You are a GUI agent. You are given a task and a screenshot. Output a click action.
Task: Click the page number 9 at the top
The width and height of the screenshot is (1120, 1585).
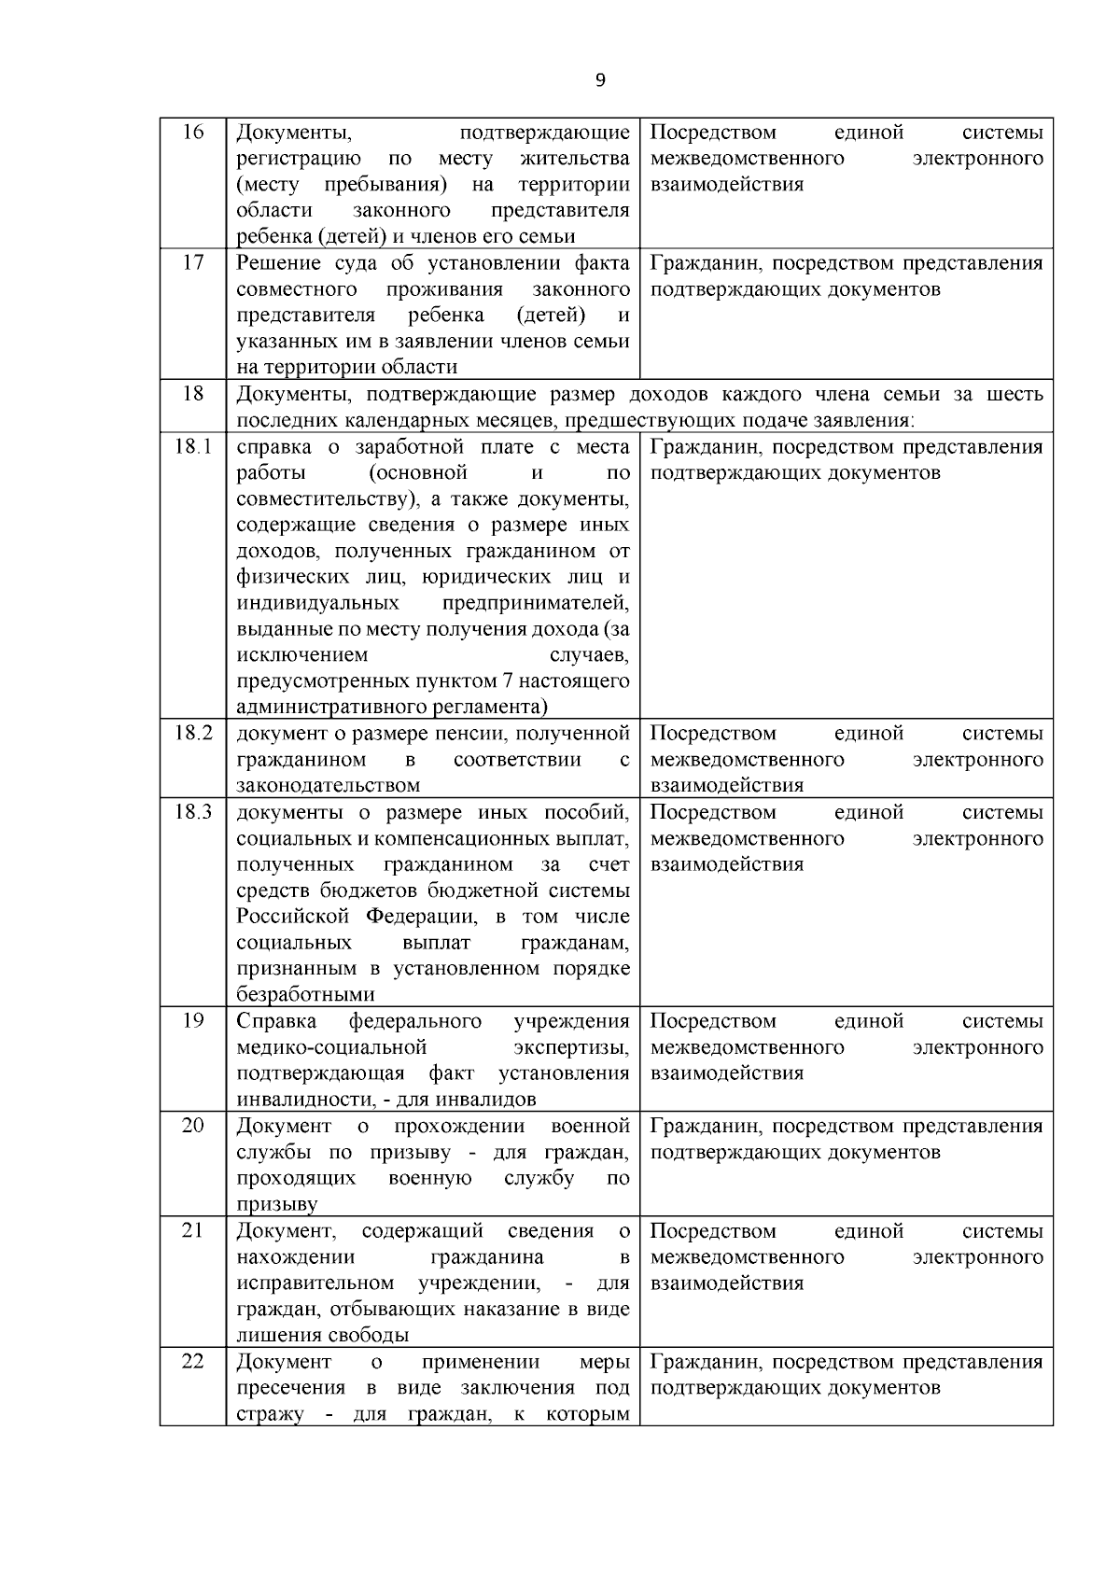click(x=600, y=80)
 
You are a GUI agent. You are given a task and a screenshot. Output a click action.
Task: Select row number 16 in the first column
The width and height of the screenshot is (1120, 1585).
click(x=192, y=132)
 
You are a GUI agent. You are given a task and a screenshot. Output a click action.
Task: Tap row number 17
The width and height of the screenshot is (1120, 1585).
click(x=192, y=262)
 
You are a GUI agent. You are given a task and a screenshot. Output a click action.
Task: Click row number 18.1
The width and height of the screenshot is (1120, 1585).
click(x=192, y=446)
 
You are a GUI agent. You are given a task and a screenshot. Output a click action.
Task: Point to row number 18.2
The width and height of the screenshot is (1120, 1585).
click(x=192, y=733)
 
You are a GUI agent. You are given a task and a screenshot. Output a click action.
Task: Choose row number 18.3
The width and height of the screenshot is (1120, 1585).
click(x=192, y=811)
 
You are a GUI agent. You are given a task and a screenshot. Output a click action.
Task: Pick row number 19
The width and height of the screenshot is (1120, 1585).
click(x=192, y=1020)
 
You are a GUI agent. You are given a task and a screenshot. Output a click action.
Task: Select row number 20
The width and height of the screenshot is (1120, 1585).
click(x=192, y=1125)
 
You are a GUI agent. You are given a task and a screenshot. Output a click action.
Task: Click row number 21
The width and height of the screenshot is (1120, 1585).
click(x=192, y=1230)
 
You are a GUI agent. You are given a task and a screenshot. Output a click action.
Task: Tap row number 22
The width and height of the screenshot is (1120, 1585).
click(x=192, y=1361)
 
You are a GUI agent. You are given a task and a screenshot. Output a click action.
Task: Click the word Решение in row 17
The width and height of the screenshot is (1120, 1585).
click(x=277, y=263)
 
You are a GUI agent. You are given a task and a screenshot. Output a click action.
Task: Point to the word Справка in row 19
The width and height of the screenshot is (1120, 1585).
click(x=276, y=1021)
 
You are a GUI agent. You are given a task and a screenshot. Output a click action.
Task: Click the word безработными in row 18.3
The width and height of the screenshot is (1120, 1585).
click(x=305, y=995)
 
